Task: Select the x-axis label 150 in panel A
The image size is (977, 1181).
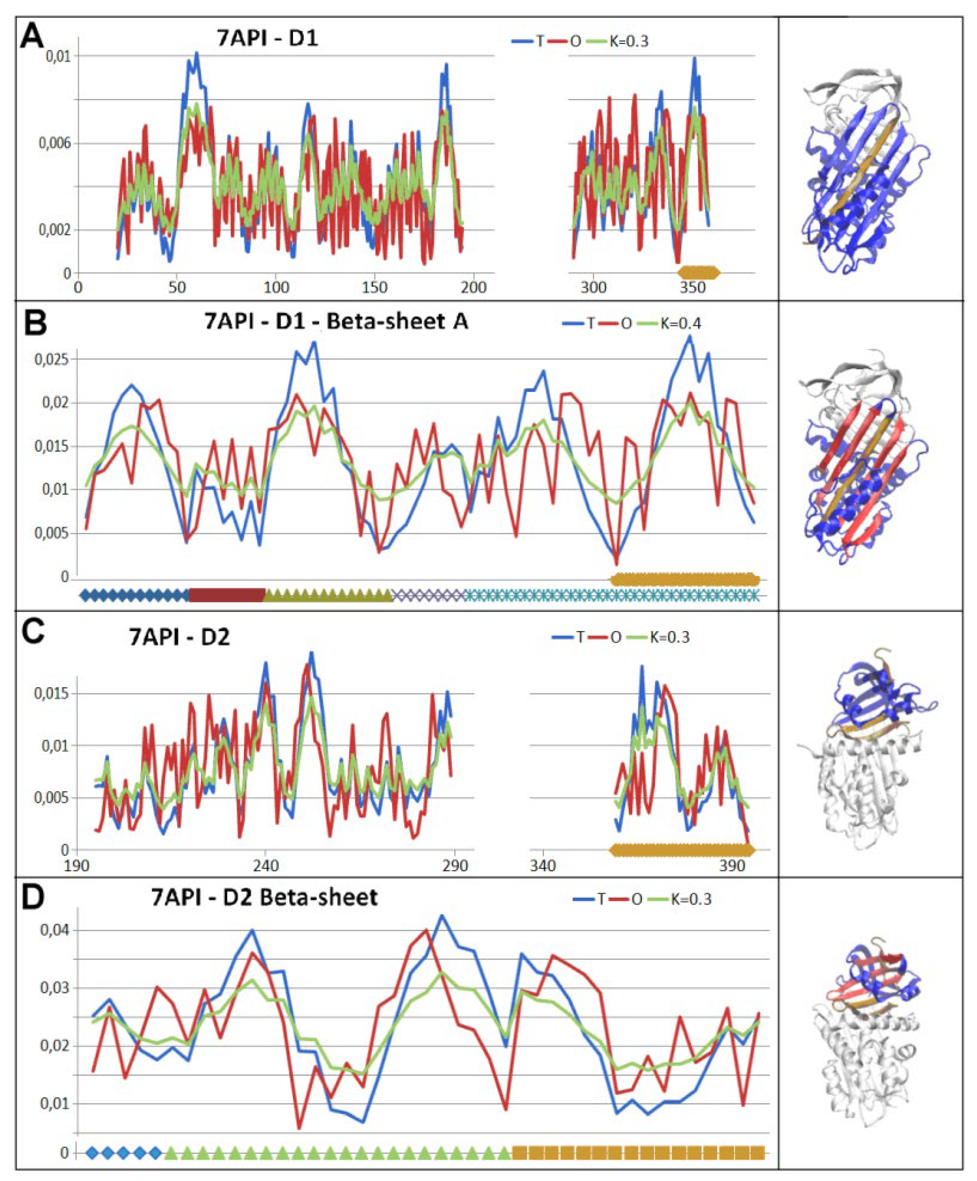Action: pyautogui.click(x=374, y=287)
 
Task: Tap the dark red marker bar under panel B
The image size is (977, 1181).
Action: pyautogui.click(x=227, y=595)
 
